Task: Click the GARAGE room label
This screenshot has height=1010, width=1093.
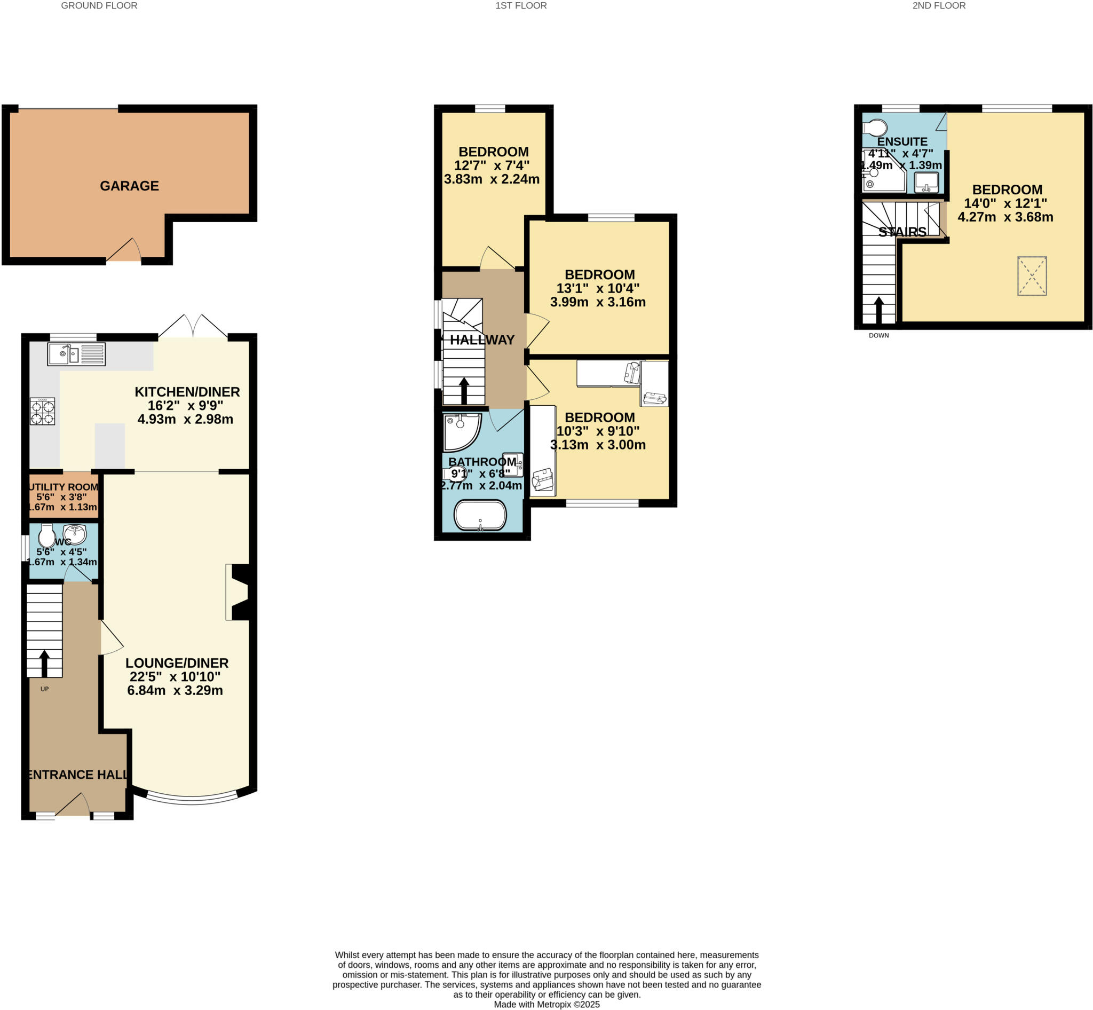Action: [x=129, y=186]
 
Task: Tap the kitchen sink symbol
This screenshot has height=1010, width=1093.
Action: [x=76, y=354]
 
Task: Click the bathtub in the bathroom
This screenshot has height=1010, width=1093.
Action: [x=480, y=515]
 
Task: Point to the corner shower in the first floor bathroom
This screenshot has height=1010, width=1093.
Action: [x=461, y=431]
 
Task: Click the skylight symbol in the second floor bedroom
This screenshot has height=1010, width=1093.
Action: [x=1031, y=276]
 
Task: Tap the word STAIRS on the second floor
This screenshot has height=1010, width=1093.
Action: [x=902, y=232]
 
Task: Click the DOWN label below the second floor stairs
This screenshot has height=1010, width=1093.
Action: [x=878, y=336]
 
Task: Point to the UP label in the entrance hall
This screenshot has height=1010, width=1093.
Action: [x=45, y=689]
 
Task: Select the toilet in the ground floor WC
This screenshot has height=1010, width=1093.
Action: [x=47, y=535]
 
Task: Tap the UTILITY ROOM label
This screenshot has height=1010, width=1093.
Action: [x=64, y=487]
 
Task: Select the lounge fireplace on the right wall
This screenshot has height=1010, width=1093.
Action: [x=239, y=592]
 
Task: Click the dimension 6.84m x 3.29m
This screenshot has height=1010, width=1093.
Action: [x=175, y=690]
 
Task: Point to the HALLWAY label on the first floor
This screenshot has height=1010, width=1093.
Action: [x=482, y=340]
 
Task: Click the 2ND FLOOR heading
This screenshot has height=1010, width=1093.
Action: [x=938, y=6]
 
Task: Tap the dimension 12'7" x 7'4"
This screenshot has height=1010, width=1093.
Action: [x=492, y=165]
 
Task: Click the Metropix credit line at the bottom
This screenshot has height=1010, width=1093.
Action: [x=546, y=1004]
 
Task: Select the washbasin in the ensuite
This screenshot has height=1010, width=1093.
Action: [x=926, y=182]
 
